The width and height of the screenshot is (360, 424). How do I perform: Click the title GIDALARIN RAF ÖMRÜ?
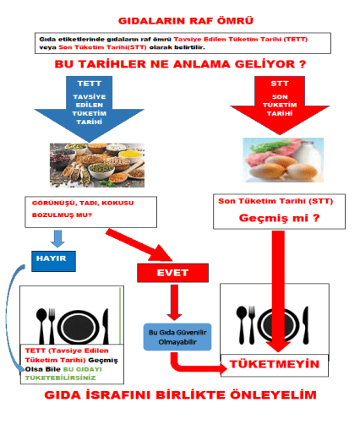(x=186, y=21)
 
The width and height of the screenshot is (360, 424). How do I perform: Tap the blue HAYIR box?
(x=53, y=261)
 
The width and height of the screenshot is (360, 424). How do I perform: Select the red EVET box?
(x=172, y=273)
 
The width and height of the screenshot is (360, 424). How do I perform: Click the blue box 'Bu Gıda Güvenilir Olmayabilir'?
(x=177, y=337)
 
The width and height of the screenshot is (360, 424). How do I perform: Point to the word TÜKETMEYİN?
(x=275, y=364)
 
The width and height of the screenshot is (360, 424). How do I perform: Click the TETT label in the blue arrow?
(x=90, y=84)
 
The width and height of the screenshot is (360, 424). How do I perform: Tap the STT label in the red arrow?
(x=280, y=84)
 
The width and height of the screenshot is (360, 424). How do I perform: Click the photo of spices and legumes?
(x=97, y=166)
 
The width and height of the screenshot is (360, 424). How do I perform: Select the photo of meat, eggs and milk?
(x=283, y=160)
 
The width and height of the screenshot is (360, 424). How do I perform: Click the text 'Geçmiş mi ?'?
(x=280, y=218)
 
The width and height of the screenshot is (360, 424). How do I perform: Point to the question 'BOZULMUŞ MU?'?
(x=62, y=215)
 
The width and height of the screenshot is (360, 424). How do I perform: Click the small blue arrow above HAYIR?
(x=57, y=239)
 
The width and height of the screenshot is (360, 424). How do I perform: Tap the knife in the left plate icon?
(x=106, y=326)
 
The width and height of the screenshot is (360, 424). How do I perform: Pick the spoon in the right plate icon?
(x=242, y=324)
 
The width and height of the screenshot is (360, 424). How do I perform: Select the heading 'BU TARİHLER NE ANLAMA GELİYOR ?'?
(x=180, y=64)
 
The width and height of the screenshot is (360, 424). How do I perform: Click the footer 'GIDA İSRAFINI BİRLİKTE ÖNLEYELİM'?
(x=180, y=395)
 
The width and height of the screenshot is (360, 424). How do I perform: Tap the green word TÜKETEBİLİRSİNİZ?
(x=60, y=378)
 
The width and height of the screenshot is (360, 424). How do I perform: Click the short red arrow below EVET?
(x=174, y=302)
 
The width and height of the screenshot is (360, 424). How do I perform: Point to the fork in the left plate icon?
(x=52, y=326)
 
